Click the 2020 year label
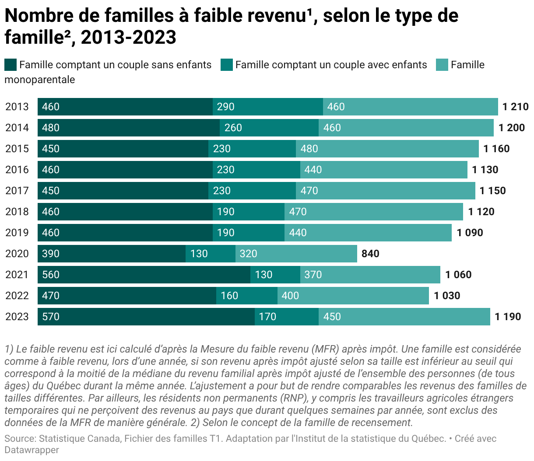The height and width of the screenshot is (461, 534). point(17,254)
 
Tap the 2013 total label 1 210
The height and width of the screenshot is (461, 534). point(515,107)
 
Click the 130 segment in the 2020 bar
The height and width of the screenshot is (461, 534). point(210,254)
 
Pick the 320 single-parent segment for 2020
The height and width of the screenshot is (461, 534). point(296,254)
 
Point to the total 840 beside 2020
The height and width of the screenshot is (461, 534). point(370,254)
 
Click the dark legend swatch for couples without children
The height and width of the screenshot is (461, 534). point(11,65)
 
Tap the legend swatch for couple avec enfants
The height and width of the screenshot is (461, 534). point(226,65)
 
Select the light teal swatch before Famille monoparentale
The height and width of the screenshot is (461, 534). point(442,65)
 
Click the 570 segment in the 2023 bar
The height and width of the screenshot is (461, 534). point(146,317)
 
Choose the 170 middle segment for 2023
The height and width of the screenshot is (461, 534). point(286,317)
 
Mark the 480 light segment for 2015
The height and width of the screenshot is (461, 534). point(387,149)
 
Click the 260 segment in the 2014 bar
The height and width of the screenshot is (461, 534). point(269,128)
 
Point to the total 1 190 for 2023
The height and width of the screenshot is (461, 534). point(508,317)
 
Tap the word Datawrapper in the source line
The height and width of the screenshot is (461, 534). point(32,450)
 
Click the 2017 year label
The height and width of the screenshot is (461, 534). point(17,191)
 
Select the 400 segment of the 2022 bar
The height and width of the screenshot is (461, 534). point(353,296)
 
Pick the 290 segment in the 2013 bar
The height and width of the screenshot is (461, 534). point(267,107)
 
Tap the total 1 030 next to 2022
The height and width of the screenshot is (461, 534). point(447,296)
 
